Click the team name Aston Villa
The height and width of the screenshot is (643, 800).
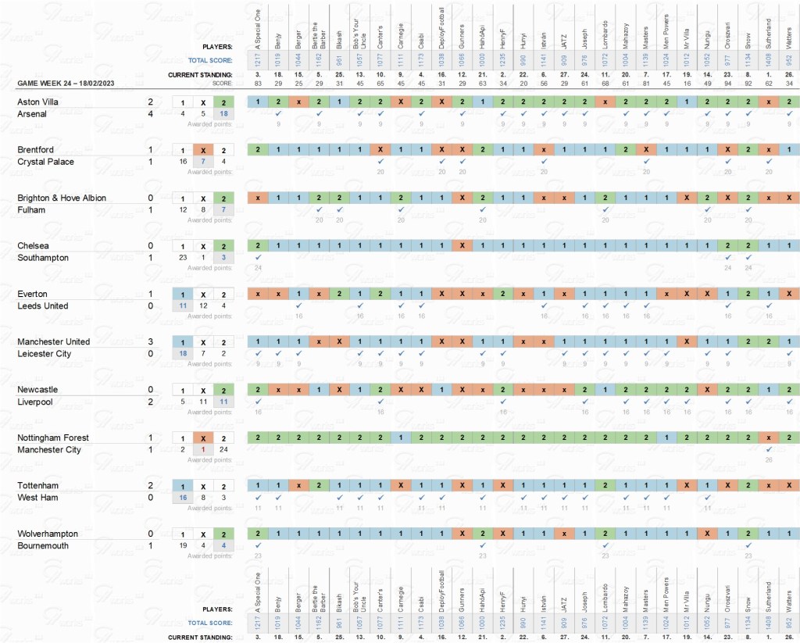pos(38,102)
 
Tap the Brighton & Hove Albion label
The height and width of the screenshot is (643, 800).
pos(62,198)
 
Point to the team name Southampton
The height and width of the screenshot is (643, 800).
pos(43,258)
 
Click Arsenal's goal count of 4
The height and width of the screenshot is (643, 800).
pos(150,114)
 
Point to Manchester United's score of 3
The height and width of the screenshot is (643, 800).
pos(150,341)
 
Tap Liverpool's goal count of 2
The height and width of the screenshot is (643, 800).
pos(150,402)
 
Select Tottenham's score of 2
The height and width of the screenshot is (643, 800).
pos(150,485)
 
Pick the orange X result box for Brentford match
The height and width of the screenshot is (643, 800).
pos(203,150)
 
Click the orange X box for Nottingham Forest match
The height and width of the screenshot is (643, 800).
pos(203,438)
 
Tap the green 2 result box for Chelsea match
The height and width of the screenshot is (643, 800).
pos(223,246)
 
